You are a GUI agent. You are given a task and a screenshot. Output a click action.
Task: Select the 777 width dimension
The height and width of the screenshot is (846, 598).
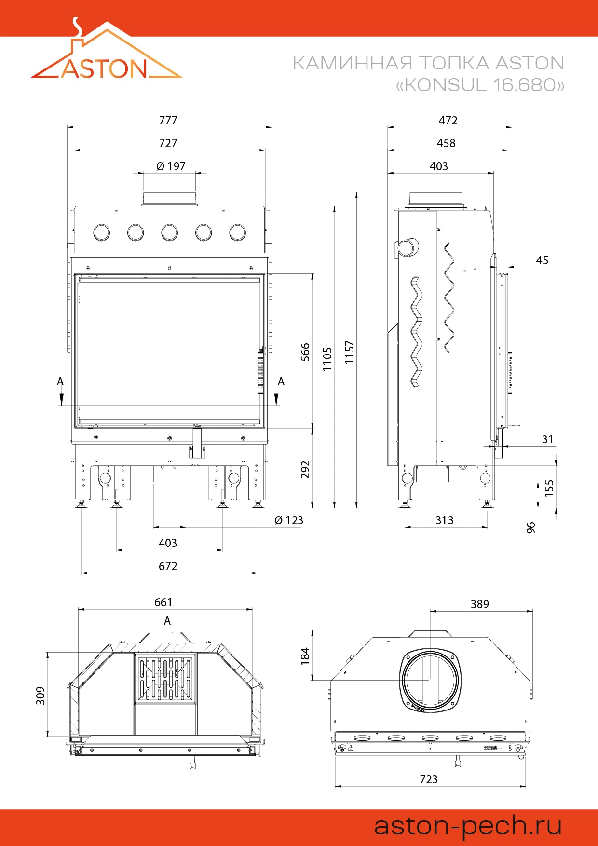168,121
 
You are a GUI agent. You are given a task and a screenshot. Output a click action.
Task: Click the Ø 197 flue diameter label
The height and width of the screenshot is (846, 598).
171,166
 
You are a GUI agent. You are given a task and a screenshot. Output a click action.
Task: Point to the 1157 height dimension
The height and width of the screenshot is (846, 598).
350,352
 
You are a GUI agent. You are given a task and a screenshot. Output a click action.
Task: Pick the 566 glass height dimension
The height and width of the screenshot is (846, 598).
305,352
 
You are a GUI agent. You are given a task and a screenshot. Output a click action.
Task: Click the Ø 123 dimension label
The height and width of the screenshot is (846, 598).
289,520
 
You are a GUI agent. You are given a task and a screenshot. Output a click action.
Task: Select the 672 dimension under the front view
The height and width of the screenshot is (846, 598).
168,566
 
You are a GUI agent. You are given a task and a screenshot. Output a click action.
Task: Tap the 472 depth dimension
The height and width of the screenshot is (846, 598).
448,121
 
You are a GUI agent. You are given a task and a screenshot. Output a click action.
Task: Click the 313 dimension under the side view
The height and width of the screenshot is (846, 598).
444,520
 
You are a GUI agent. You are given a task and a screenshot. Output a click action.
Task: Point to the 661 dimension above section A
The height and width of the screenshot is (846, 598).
163,602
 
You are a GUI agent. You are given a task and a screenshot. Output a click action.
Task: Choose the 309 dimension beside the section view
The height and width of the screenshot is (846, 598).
41,696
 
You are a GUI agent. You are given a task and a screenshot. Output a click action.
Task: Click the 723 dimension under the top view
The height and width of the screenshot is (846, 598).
429,779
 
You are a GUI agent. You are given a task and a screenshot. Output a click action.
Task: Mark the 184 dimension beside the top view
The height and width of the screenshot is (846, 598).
305,656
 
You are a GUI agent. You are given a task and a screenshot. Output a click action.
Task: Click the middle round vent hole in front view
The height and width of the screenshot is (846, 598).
170,232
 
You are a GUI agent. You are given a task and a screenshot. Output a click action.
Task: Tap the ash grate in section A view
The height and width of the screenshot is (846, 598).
165,679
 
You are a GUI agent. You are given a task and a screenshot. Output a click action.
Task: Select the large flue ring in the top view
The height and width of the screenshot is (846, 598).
430,680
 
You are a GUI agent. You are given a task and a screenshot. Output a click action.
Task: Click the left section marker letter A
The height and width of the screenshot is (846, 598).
60,382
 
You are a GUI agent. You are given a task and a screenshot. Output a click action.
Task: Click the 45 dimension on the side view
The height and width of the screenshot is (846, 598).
542,260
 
